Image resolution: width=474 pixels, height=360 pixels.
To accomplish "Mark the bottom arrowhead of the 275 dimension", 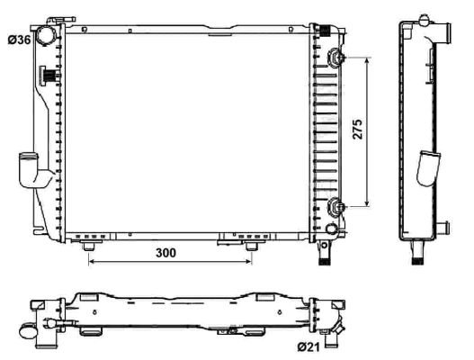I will (x=365, y=206).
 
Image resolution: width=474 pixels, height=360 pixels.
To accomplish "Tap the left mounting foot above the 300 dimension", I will (x=89, y=246).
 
